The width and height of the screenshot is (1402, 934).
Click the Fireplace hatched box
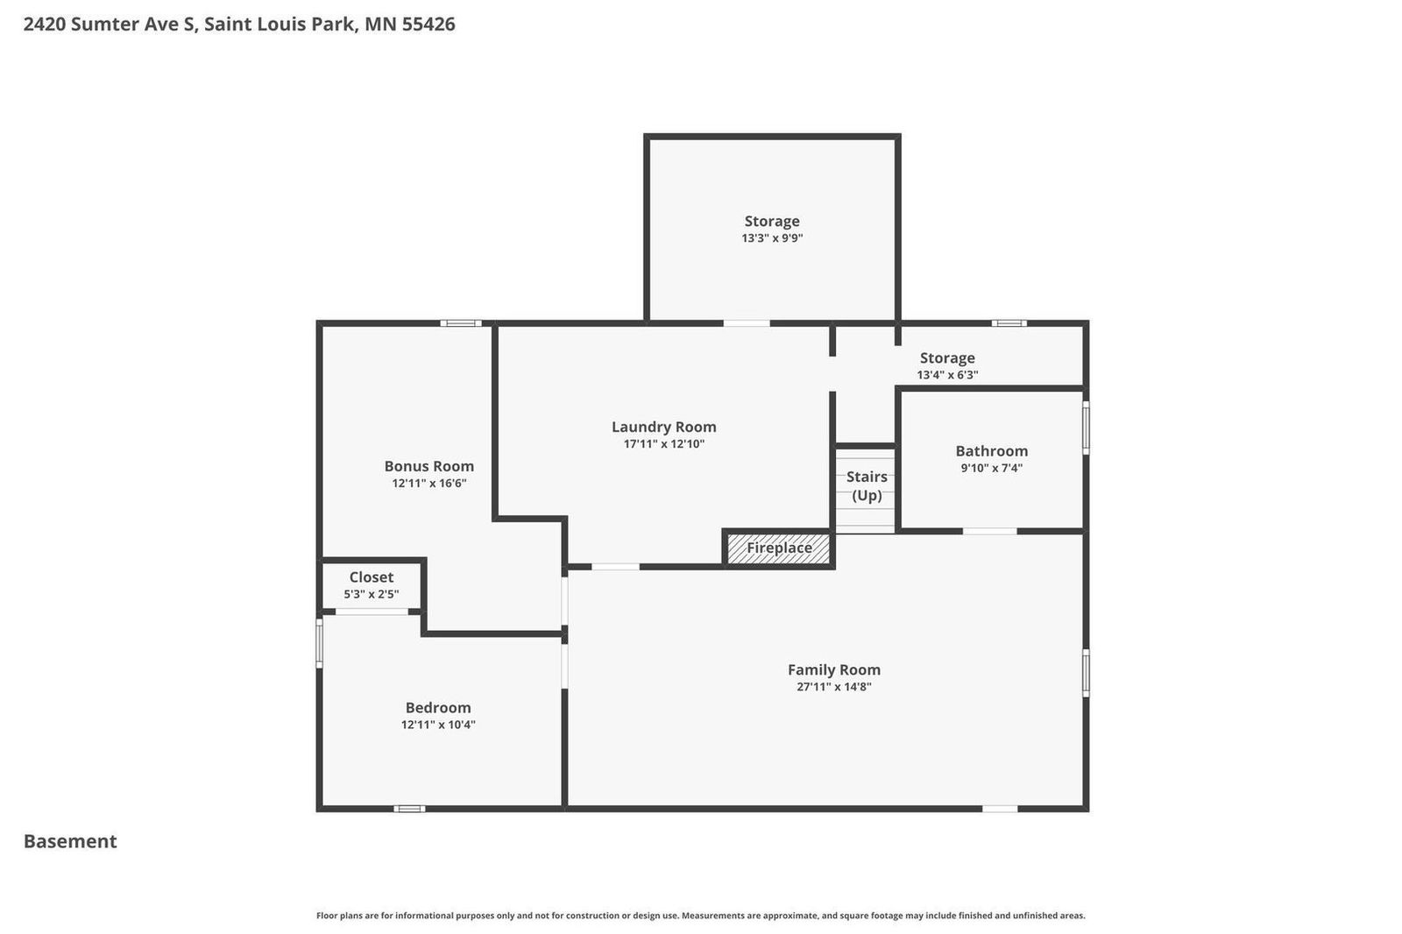778,548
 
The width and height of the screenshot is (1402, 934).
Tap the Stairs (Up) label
867,485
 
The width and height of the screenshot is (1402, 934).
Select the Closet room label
372,577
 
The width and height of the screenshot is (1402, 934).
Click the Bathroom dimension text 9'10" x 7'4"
991,468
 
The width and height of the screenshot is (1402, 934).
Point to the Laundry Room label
663,427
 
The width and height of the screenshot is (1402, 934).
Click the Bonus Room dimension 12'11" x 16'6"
428,483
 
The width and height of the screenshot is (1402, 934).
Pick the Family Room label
833,669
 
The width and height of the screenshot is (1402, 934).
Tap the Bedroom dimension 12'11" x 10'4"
438,725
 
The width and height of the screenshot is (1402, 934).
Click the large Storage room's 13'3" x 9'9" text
772,237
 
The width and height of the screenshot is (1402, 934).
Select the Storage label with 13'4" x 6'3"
947,357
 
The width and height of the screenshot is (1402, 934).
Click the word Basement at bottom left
70,841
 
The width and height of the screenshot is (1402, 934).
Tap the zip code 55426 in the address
428,24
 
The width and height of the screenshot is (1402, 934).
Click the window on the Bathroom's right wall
1086,428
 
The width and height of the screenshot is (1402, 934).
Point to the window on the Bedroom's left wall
319,642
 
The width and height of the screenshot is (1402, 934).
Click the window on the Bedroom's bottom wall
408,809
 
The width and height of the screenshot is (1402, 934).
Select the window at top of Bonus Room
460,323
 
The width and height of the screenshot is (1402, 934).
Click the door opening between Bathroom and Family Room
989,531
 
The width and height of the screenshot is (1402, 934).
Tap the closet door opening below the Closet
372,612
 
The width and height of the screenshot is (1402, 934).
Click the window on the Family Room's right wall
1086,672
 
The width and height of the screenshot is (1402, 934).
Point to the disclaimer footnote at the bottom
700,916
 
